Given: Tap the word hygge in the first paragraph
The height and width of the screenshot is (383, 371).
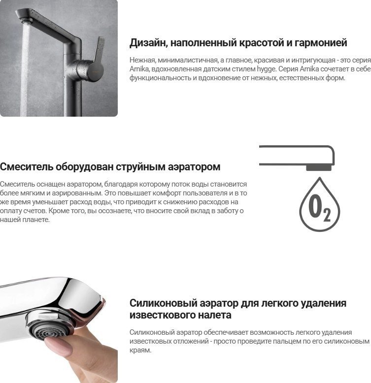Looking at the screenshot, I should [x=268, y=69].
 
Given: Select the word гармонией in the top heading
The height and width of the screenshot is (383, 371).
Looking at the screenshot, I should [x=321, y=43].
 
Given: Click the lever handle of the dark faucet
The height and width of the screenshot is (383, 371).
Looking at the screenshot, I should [x=98, y=49].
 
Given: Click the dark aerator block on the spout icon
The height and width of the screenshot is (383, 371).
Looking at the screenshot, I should [x=320, y=168].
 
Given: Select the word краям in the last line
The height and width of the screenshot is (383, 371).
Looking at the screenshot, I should [x=140, y=351].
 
